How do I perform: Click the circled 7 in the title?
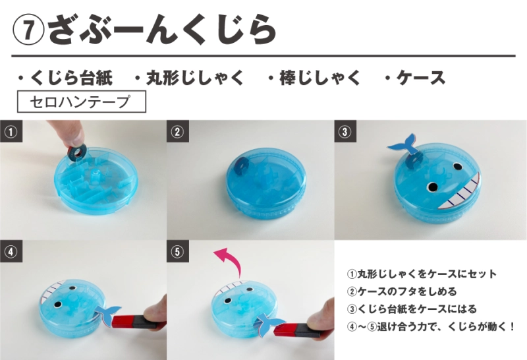[28, 30]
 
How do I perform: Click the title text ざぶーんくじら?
[162, 30]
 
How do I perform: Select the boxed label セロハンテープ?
[81, 102]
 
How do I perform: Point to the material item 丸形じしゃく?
[188, 78]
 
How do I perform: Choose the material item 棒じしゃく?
[314, 78]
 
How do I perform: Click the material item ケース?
[415, 78]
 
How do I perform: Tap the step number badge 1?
[11, 131]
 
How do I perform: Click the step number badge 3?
[345, 131]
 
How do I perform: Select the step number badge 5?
[178, 251]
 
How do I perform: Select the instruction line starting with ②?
[402, 291]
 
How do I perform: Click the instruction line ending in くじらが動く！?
[431, 326]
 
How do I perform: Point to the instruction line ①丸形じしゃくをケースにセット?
[422, 274]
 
